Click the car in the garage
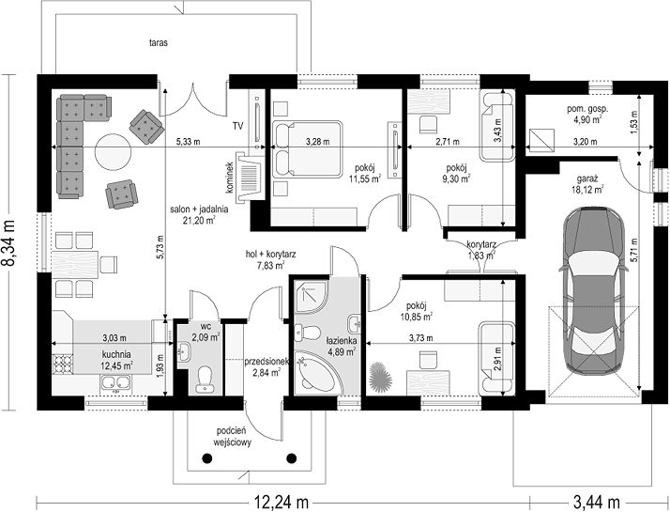coord(593,291)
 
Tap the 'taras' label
coord(158,43)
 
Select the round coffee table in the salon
coord(113,152)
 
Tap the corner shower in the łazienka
coord(312,298)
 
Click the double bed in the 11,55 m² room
coord(307,148)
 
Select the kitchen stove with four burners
coord(62,365)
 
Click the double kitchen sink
coord(115,383)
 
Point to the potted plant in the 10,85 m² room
coord(379,376)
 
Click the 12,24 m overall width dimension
coord(282,501)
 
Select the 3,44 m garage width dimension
coord(596,501)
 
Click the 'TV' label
coord(237,126)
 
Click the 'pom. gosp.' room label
coord(588,109)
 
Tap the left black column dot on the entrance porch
coord(207,458)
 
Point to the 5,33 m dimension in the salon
coord(188,142)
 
